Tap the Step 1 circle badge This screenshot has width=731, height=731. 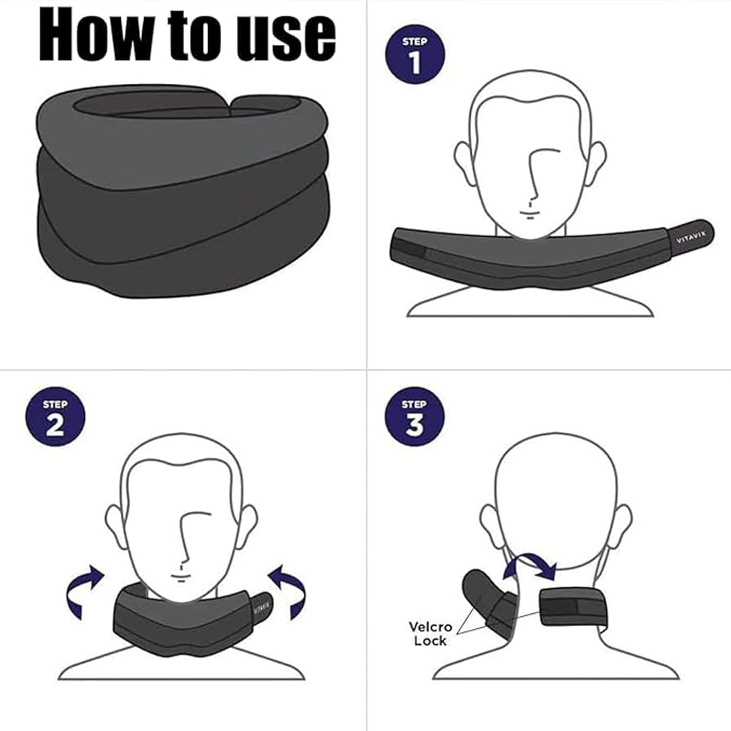pyautogui.click(x=415, y=55)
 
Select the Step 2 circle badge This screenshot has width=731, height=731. pyautogui.click(x=55, y=417)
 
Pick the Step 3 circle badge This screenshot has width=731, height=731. pyautogui.click(x=415, y=417)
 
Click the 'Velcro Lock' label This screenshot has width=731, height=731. pyautogui.click(x=430, y=633)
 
